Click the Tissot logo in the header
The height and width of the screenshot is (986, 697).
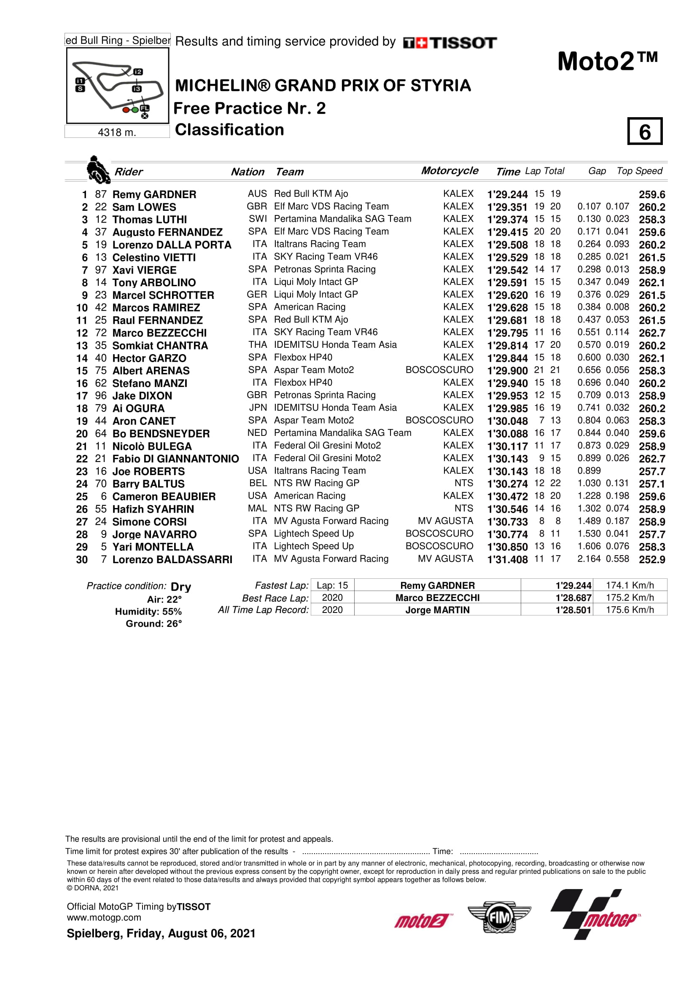pos(449,43)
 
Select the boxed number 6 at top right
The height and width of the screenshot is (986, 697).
pos(644,132)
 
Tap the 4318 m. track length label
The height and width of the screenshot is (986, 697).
pos(117,132)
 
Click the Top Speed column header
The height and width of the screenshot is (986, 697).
pos(639,171)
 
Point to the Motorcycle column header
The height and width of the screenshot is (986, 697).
pos(449,170)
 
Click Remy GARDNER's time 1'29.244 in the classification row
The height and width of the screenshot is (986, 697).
pos(507,194)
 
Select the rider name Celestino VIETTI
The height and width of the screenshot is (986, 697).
pos(154,258)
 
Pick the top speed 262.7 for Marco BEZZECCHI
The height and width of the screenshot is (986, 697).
pos(651,333)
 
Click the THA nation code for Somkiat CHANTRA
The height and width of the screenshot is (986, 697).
pos(257,345)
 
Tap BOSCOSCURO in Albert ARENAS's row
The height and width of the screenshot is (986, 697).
pos(439,370)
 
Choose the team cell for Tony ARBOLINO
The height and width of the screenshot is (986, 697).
pos(316,282)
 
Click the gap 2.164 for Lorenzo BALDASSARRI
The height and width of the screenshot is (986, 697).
pos(588,559)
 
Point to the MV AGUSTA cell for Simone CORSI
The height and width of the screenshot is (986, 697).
pos(445,521)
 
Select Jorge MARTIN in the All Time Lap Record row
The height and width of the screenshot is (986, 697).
pos(437,610)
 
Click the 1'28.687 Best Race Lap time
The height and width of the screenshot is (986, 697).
pos(573,598)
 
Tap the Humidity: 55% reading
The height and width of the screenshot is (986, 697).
pos(148,612)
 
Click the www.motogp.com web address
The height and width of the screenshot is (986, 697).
pos(104,918)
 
